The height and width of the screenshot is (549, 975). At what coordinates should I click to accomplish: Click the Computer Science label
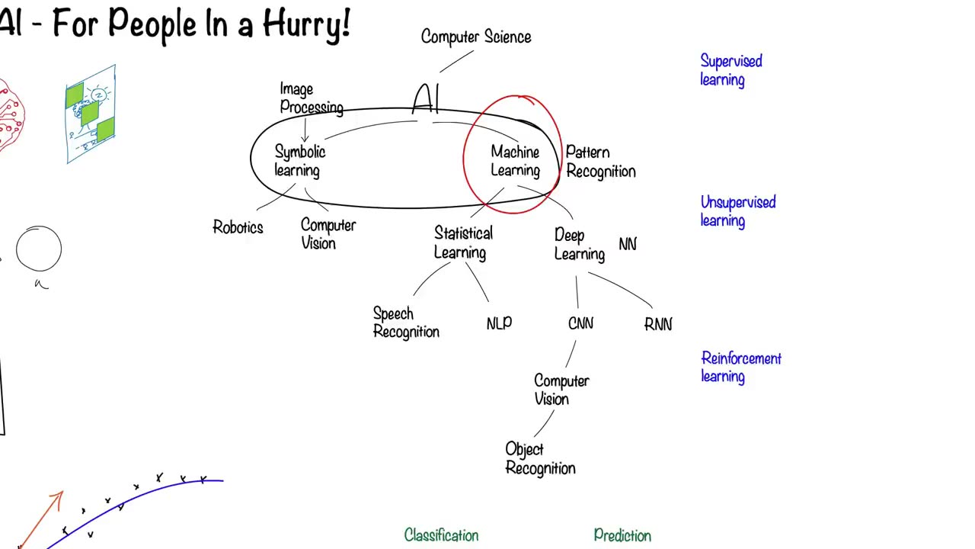(x=476, y=37)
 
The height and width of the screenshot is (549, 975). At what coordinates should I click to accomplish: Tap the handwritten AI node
(x=427, y=99)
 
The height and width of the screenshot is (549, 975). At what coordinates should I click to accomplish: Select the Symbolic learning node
(x=299, y=161)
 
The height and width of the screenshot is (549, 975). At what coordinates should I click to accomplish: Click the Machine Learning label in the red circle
(x=515, y=161)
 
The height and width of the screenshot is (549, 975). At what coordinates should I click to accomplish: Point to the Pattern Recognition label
(x=600, y=162)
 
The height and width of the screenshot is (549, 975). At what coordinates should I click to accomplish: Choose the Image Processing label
(x=311, y=98)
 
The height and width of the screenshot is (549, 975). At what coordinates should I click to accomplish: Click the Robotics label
(x=238, y=227)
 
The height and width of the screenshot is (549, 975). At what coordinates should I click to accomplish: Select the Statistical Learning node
(x=463, y=242)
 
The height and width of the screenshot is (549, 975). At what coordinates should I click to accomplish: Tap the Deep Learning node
(x=579, y=244)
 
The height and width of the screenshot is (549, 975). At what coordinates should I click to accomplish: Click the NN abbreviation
(x=628, y=244)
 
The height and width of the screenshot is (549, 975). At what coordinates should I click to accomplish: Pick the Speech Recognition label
(x=406, y=323)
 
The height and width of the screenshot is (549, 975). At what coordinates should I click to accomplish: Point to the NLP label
(x=499, y=324)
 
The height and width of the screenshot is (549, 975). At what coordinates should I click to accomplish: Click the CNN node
(x=580, y=324)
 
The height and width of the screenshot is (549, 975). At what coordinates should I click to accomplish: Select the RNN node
(x=658, y=325)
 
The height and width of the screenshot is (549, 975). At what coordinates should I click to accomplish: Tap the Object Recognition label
(x=540, y=458)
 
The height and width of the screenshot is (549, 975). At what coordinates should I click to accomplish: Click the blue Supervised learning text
(x=730, y=70)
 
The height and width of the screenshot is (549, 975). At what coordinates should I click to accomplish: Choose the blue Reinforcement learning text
(x=740, y=367)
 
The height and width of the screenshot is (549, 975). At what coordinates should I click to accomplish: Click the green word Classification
(x=441, y=535)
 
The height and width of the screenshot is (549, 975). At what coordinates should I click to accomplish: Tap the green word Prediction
(x=622, y=536)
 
